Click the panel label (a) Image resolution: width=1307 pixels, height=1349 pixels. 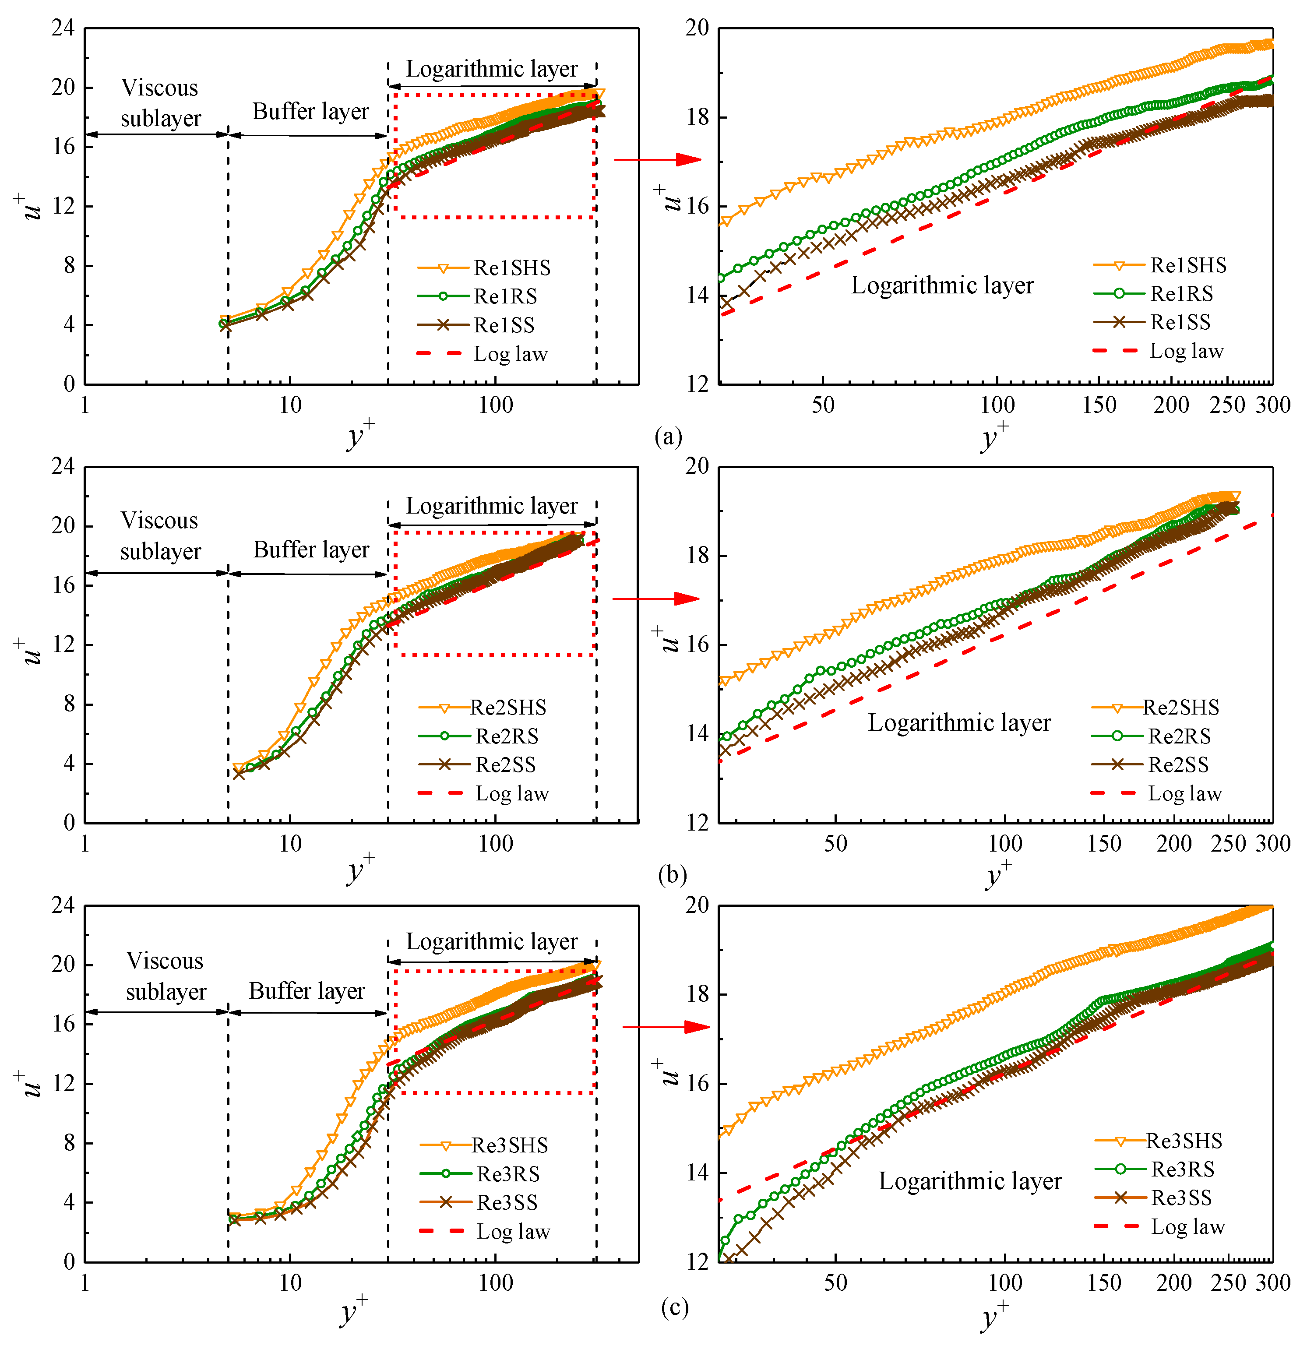tap(668, 437)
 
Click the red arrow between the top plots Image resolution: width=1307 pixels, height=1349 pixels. tap(657, 160)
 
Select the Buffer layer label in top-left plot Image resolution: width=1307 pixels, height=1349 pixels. tap(310, 112)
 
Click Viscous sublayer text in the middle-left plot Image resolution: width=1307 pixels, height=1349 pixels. tap(160, 535)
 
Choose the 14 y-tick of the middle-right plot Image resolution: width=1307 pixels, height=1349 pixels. tap(697, 734)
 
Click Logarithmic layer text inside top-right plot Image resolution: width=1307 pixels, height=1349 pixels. tap(942, 285)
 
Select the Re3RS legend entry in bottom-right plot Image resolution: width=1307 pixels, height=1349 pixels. tap(1182, 1169)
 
